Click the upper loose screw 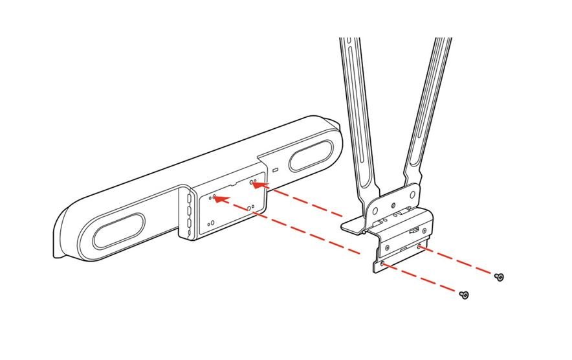point(499,276)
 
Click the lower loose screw point(463,295)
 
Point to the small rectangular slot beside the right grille point(274,170)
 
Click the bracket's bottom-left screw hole point(382,264)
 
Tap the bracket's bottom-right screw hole point(419,247)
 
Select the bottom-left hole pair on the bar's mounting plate point(211,223)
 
